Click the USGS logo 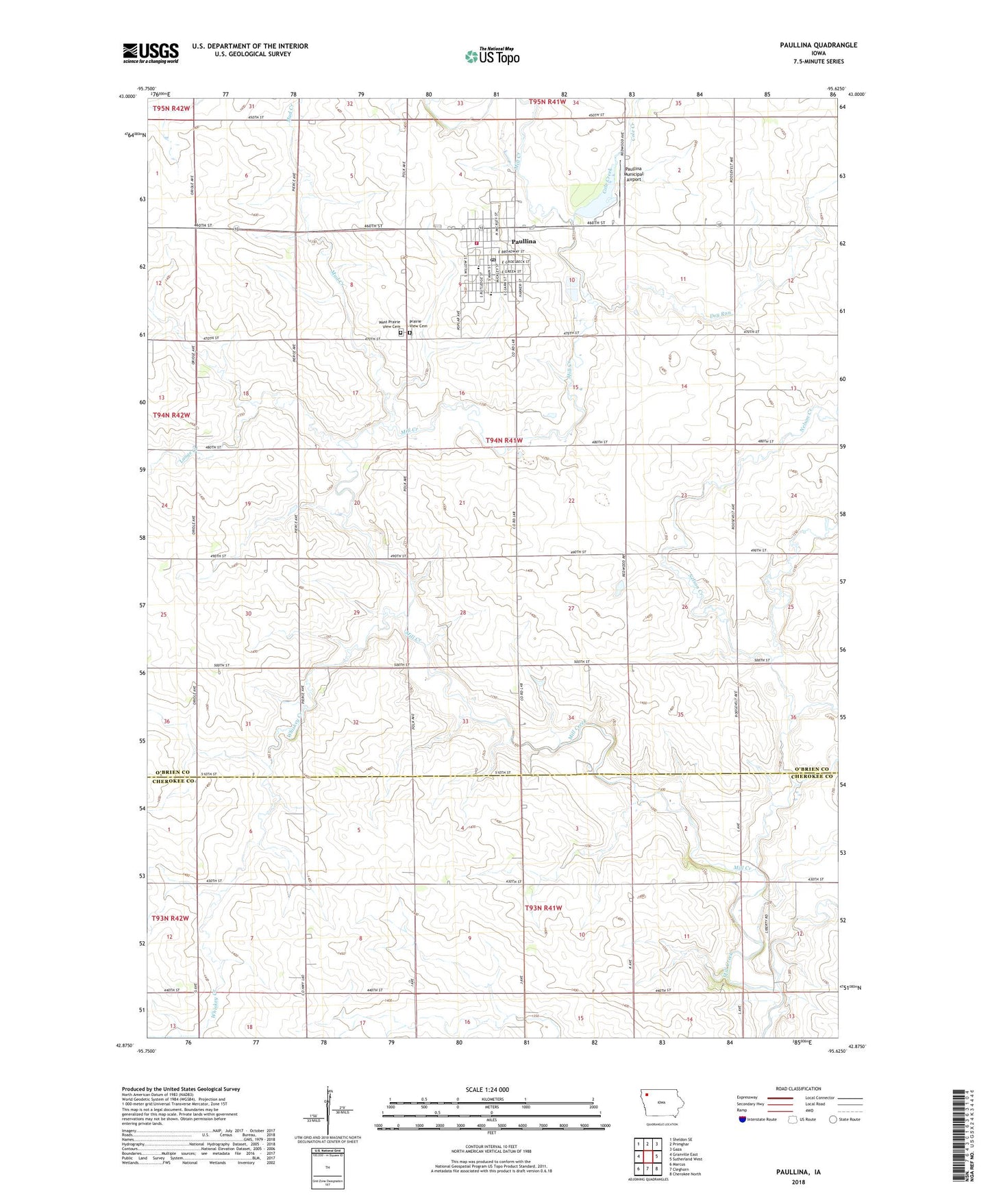pyautogui.click(x=150, y=53)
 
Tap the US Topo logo pyautogui.click(x=491, y=57)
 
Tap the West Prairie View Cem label pyautogui.click(x=389, y=324)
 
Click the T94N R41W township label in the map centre pyautogui.click(x=504, y=440)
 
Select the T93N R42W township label pyautogui.click(x=170, y=918)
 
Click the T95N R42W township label pyautogui.click(x=171, y=108)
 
